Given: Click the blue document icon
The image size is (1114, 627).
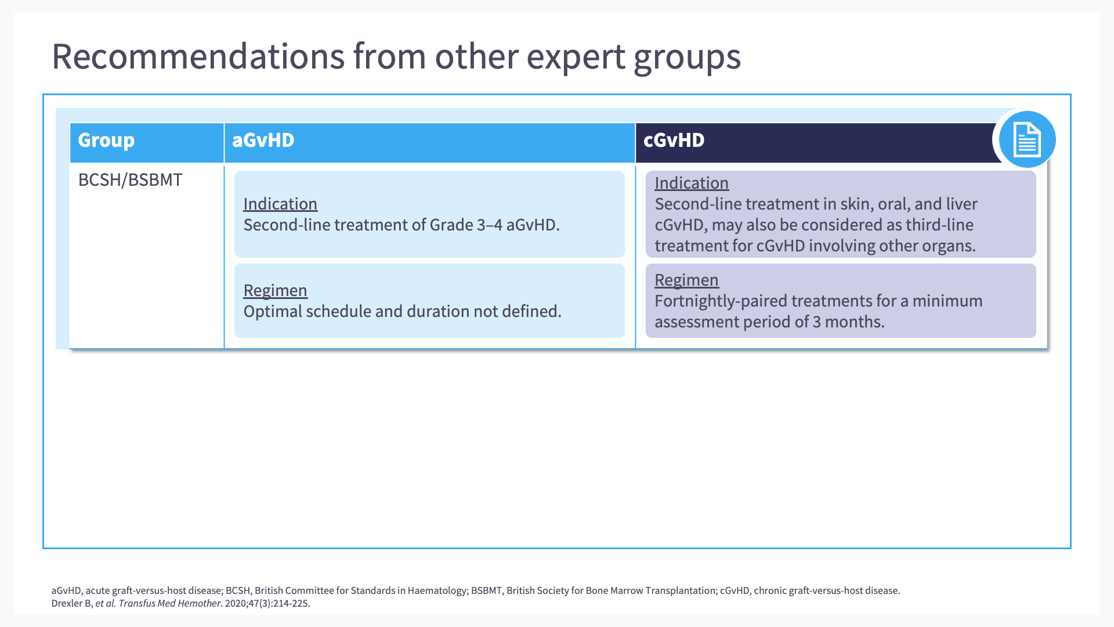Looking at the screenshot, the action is click(x=1027, y=139).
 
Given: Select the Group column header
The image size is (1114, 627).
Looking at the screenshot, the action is click(x=106, y=140).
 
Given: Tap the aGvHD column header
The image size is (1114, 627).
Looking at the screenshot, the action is click(x=263, y=140).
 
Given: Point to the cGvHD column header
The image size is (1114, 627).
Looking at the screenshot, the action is click(x=674, y=140).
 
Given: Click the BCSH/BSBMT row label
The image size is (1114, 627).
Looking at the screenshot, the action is click(x=131, y=180).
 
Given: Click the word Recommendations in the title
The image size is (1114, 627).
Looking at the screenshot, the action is click(x=198, y=56).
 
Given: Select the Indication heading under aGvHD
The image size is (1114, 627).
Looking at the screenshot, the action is click(x=280, y=204).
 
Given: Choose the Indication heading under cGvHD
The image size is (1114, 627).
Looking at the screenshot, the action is click(x=692, y=183).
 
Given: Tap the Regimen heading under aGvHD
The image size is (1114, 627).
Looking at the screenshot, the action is click(x=276, y=290).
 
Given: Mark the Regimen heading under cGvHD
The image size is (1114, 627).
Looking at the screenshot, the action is click(x=687, y=280).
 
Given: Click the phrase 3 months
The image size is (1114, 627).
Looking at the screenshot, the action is click(x=848, y=322).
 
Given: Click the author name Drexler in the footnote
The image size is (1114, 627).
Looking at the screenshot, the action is click(x=67, y=603).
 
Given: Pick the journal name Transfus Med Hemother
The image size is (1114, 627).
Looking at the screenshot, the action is click(x=169, y=603).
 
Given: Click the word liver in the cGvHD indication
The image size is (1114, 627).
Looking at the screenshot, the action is click(x=962, y=204).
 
